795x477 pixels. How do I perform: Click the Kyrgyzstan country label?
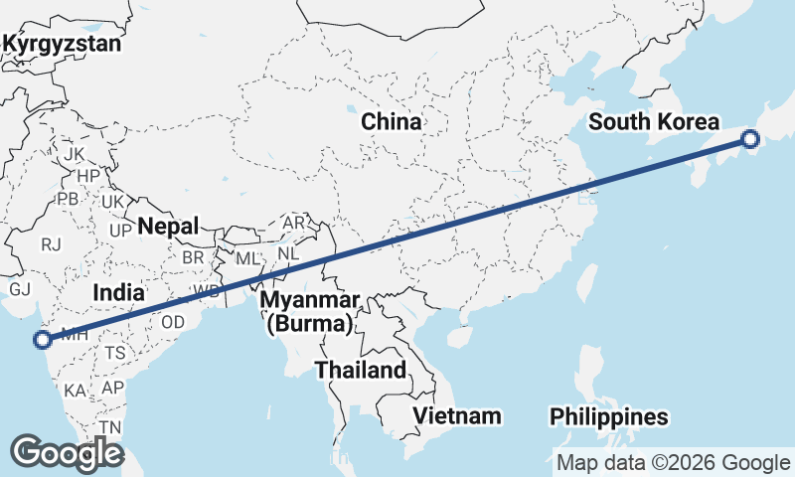pos(62,44)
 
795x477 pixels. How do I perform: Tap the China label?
pos(391,122)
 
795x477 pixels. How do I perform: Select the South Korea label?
pos(653,122)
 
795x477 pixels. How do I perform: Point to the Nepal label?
pos(168,226)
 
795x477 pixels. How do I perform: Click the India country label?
pos(119,292)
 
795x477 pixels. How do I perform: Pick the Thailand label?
pos(361,371)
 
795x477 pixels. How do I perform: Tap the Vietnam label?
pos(457,415)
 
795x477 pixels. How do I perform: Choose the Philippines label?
pos(609,416)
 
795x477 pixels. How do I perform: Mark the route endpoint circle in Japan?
pos(751,140)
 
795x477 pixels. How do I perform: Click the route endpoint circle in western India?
pos(42,340)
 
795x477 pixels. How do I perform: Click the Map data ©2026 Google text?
pos(672,462)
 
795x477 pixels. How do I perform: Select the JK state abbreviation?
pos(75,155)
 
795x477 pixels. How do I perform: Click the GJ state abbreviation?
pos(21,289)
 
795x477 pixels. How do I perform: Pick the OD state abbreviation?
pos(173,322)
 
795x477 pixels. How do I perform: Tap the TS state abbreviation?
pos(115,353)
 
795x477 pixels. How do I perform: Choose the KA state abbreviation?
pos(75,390)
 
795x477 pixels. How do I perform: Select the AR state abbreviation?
pos(294,223)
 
